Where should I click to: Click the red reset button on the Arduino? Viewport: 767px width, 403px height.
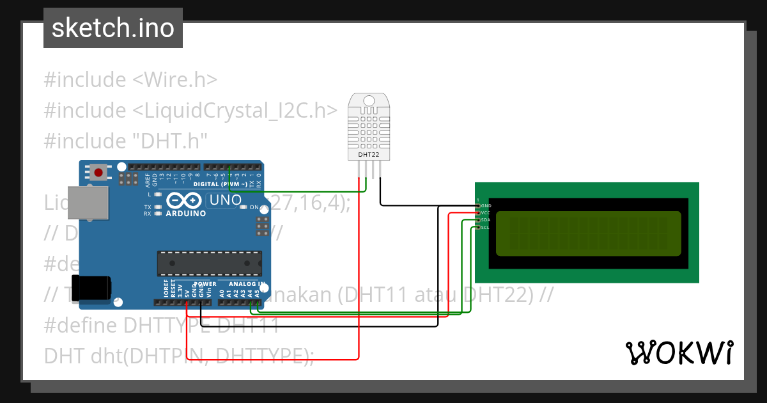coord(99,172)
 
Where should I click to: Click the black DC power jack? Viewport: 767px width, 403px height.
coord(90,288)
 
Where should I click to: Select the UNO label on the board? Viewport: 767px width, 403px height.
coord(226,200)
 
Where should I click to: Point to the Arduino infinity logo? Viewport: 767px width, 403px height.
coord(186,201)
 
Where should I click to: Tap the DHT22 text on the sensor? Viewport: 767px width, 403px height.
coord(368,154)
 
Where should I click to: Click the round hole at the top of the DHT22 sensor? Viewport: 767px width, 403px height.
coord(368,100)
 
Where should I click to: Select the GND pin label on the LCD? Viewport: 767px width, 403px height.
coord(486,206)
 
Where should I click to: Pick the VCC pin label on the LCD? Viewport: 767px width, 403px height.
coord(486,213)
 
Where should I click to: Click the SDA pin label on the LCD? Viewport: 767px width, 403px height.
coord(486,220)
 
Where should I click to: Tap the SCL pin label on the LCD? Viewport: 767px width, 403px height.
coord(486,227)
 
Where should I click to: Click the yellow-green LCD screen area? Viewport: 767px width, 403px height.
coord(588,233)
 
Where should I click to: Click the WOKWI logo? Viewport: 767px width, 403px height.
coord(679,352)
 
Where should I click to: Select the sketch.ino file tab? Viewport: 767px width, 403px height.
coord(113,28)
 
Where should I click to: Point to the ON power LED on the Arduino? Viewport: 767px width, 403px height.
coord(254,207)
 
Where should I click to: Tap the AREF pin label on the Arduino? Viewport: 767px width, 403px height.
coord(148,178)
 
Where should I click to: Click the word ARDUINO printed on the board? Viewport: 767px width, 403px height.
coord(186,214)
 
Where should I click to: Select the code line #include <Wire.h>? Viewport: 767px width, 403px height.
coord(131,80)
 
